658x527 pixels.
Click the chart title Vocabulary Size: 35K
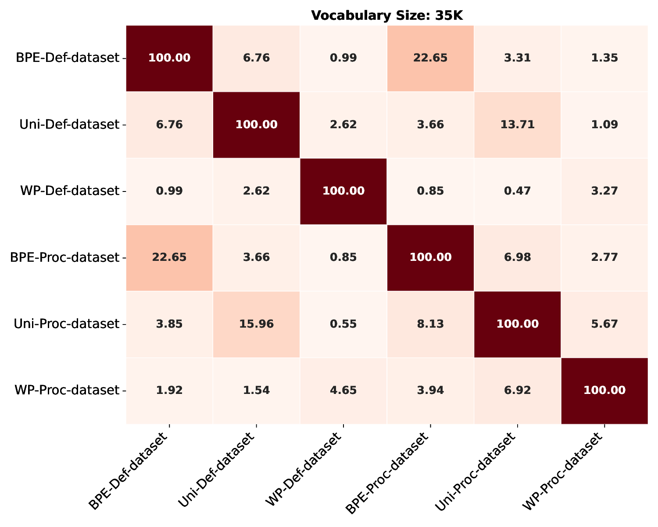tap(387, 16)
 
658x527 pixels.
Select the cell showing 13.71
tap(517, 125)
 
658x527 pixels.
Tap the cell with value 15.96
tap(256, 324)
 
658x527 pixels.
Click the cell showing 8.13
tap(430, 324)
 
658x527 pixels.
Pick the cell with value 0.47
tap(517, 191)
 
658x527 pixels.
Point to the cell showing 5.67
tap(604, 324)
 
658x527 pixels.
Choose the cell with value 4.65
tap(343, 390)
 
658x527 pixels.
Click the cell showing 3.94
tap(430, 390)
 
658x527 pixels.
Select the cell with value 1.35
tap(604, 58)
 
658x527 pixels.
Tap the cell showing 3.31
tap(517, 58)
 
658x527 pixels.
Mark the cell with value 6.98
tap(517, 257)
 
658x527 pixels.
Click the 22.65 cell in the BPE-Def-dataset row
tap(430, 58)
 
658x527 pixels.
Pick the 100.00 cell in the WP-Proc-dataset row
tap(604, 390)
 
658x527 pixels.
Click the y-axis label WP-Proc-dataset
tap(67, 390)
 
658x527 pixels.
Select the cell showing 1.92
tap(169, 390)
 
